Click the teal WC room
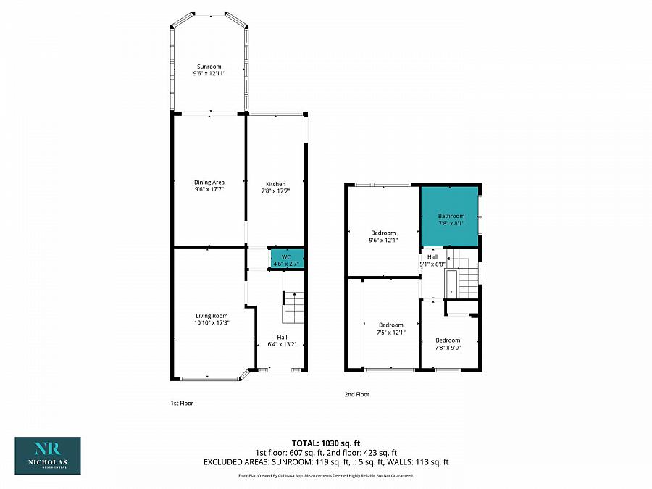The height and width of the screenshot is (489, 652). (286, 259)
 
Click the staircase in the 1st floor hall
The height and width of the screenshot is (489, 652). (293, 309)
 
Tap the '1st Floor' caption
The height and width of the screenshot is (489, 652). (181, 403)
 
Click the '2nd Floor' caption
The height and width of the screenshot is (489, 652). (357, 395)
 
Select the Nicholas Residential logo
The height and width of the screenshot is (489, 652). (48, 455)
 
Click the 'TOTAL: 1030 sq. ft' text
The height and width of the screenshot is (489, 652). (325, 442)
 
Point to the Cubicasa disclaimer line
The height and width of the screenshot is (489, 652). (326, 475)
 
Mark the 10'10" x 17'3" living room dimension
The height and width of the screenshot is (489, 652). (212, 323)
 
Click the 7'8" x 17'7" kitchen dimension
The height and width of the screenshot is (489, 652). (275, 191)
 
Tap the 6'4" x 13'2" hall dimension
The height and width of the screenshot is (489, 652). (283, 343)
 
